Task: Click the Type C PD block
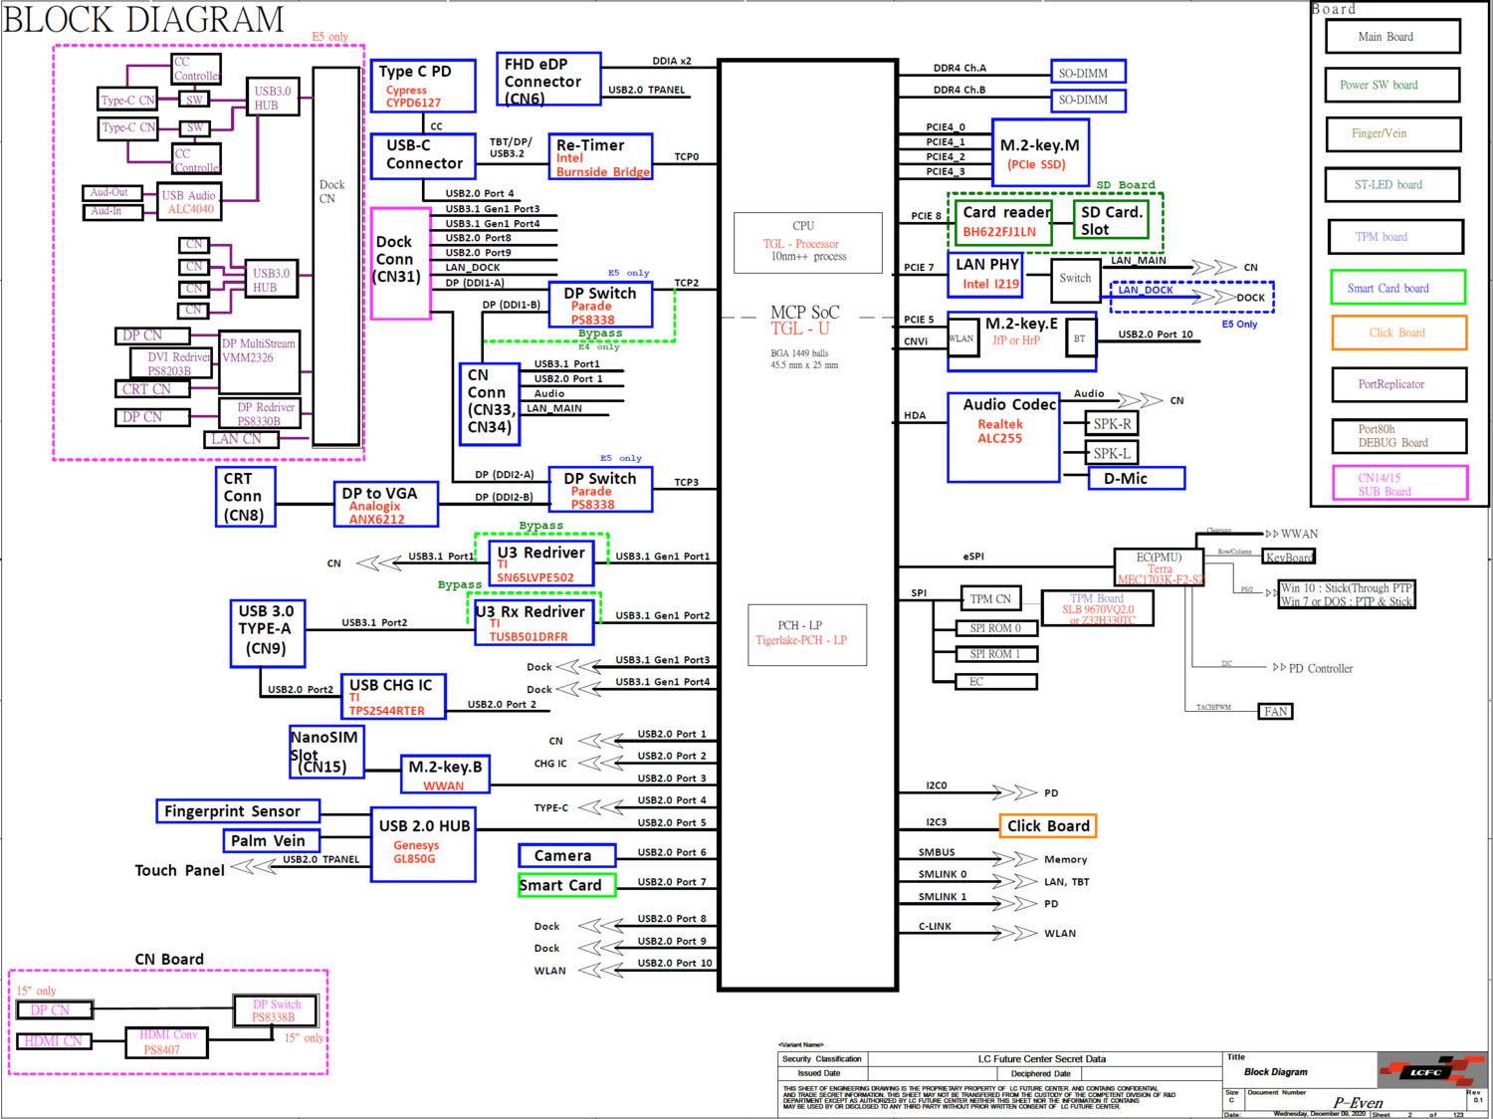(x=414, y=86)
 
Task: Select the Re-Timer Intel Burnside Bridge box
(x=601, y=157)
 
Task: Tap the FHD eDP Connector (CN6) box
(x=547, y=80)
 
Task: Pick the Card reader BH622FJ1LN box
(x=1005, y=221)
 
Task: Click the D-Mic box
(x=1136, y=479)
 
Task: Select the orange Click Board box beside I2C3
(x=1048, y=826)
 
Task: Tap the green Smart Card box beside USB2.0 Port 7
(x=566, y=885)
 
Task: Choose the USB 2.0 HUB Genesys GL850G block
(x=423, y=844)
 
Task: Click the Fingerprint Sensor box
(x=238, y=811)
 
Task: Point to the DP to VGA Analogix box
(x=386, y=505)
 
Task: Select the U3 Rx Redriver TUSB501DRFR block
(x=533, y=622)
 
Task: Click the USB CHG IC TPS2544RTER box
(x=391, y=696)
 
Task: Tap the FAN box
(x=1276, y=712)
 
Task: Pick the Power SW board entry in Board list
(x=1392, y=86)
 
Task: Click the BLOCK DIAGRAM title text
(x=143, y=19)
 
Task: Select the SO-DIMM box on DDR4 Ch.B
(x=1088, y=101)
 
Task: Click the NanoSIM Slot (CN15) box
(x=325, y=752)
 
